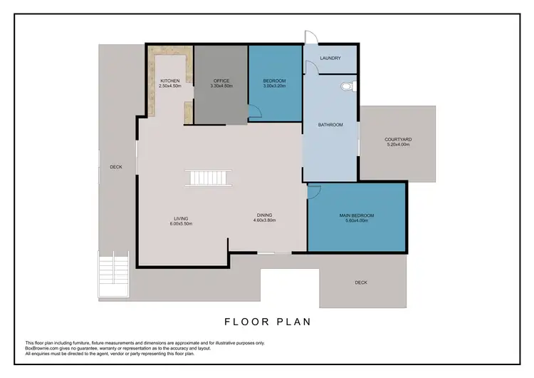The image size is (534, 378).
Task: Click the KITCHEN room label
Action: [x=169, y=81]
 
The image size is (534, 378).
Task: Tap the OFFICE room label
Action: [x=221, y=81]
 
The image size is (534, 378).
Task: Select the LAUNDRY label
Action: [x=330, y=58]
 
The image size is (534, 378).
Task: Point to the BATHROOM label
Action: [x=330, y=125]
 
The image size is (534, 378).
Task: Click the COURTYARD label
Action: [x=397, y=139]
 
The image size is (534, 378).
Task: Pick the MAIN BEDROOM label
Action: [x=356, y=215]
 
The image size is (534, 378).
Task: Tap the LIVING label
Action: [x=181, y=219]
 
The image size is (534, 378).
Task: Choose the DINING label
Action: [x=264, y=215]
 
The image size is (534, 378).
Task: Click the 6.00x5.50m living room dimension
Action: [x=181, y=224]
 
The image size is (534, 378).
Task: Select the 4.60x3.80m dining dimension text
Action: [x=264, y=220]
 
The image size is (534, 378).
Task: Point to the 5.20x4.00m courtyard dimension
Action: [x=397, y=145]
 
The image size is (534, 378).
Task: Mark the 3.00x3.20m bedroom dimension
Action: [x=274, y=86]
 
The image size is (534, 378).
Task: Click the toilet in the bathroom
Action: [x=347, y=86]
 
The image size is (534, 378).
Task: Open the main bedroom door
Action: [x=315, y=191]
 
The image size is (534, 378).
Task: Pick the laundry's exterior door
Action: [x=308, y=37]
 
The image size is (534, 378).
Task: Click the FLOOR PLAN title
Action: [x=267, y=322]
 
